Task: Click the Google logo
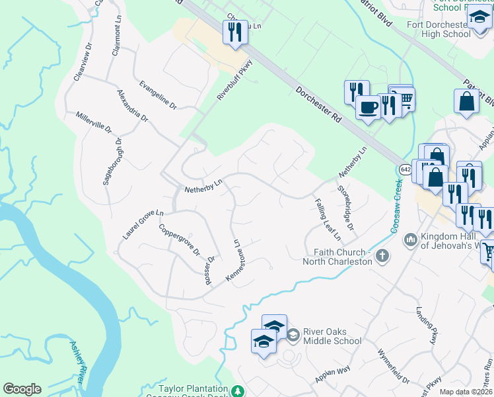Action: click(x=22, y=389)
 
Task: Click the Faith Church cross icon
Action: click(x=381, y=255)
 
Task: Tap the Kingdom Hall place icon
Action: click(x=410, y=238)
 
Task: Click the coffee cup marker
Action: click(x=368, y=106)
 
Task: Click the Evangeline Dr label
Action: click(x=159, y=95)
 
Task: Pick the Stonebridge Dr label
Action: click(x=346, y=207)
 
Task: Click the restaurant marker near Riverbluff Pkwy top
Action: click(x=234, y=32)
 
